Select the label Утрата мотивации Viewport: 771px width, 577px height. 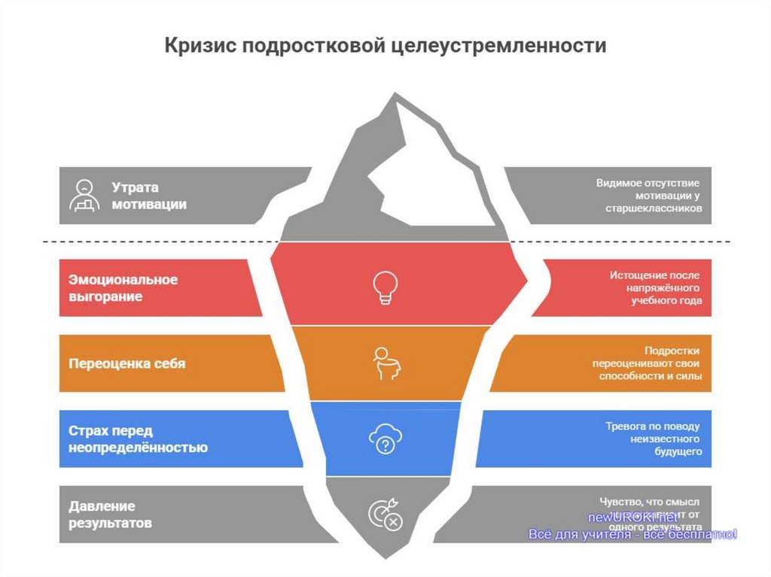149,196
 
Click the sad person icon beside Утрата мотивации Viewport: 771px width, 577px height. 84,195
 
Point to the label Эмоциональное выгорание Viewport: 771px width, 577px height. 123,288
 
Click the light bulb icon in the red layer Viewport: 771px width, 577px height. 385,287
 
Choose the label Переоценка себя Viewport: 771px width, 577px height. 126,363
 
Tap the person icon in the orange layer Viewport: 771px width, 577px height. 385,363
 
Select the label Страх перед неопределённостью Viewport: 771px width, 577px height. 138,439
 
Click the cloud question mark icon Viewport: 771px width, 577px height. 385,440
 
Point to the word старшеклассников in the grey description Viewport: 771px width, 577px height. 653,208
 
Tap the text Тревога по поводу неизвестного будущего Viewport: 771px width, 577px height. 654,439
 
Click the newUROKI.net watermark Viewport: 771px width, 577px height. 632,518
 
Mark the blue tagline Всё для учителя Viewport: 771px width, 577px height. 632,534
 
